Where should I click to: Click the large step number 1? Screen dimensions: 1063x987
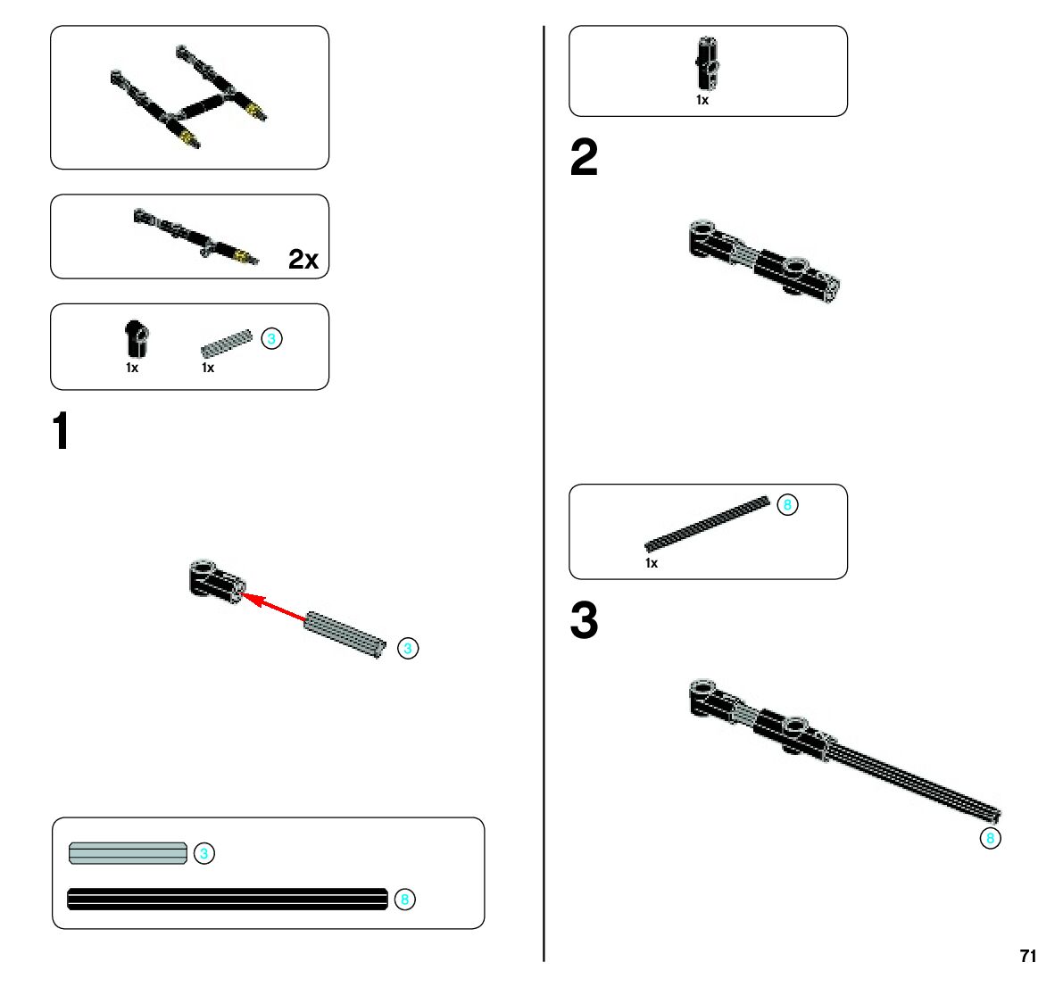(61, 432)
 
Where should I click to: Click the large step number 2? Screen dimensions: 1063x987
(584, 158)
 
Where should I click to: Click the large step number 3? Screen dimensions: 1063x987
(584, 621)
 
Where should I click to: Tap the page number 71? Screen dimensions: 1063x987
(1027, 956)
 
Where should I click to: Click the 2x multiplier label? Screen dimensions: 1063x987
(303, 259)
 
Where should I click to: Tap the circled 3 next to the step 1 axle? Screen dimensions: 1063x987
(407, 649)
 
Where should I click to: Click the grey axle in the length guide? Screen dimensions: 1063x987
(128, 854)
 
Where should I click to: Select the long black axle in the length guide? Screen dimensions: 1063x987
(228, 899)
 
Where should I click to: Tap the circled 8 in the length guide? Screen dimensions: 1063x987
(404, 900)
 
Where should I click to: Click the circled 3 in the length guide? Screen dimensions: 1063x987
(204, 854)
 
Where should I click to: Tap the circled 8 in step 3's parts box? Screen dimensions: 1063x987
(786, 505)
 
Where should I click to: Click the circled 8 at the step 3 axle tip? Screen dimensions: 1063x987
(989, 839)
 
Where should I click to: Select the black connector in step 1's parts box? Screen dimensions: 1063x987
(136, 339)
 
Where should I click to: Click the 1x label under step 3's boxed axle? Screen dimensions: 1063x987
(652, 563)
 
